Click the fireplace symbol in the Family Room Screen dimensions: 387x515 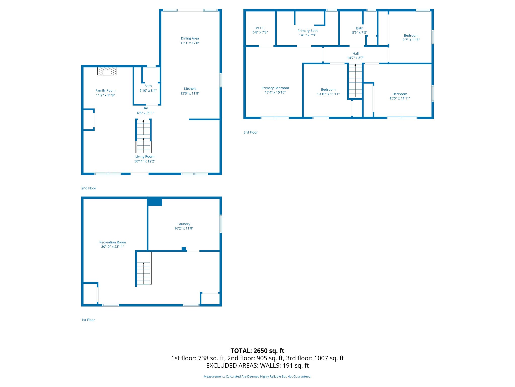pos(107,71)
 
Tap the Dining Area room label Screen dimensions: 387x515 pos(190,38)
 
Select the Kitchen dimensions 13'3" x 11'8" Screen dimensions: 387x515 pos(190,93)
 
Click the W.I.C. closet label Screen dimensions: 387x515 pos(260,28)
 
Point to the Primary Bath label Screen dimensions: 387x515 pos(307,31)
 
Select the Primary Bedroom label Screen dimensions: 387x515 pos(275,88)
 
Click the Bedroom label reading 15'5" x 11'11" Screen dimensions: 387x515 pos(400,96)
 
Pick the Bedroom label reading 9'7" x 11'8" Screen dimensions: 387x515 pos(411,38)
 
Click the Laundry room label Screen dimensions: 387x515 pos(184,224)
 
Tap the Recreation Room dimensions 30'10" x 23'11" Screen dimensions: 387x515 pos(113,247)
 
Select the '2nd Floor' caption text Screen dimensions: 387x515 pos(89,188)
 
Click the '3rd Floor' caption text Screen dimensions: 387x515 pos(250,132)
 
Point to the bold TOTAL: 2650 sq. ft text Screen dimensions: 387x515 pos(257,351)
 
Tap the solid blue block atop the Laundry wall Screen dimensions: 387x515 pos(154,202)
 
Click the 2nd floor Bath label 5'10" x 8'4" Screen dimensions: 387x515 pos(148,88)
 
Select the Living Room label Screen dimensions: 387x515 pos(145,156)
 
